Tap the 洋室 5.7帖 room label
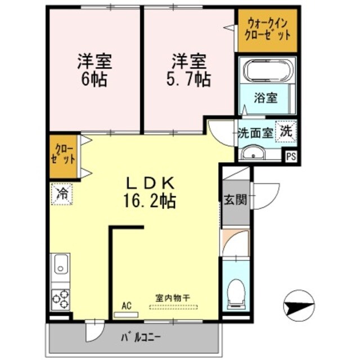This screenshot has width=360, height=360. tap(188, 69)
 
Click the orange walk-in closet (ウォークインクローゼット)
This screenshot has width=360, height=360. tap(267, 29)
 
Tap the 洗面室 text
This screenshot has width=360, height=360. tap(255, 134)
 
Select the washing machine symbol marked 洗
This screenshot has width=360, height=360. tap(286, 132)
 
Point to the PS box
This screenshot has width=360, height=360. tap(290, 157)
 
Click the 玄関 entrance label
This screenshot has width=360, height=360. tap(236, 200)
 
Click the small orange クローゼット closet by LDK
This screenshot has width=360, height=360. tap(65, 154)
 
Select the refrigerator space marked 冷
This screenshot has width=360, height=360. tap(62, 195)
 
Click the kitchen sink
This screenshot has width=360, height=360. tap(60, 264)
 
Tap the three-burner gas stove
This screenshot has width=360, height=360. tap(60, 298)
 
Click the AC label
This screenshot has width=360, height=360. tap(127, 305)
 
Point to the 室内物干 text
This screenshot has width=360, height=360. tap(173, 296)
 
